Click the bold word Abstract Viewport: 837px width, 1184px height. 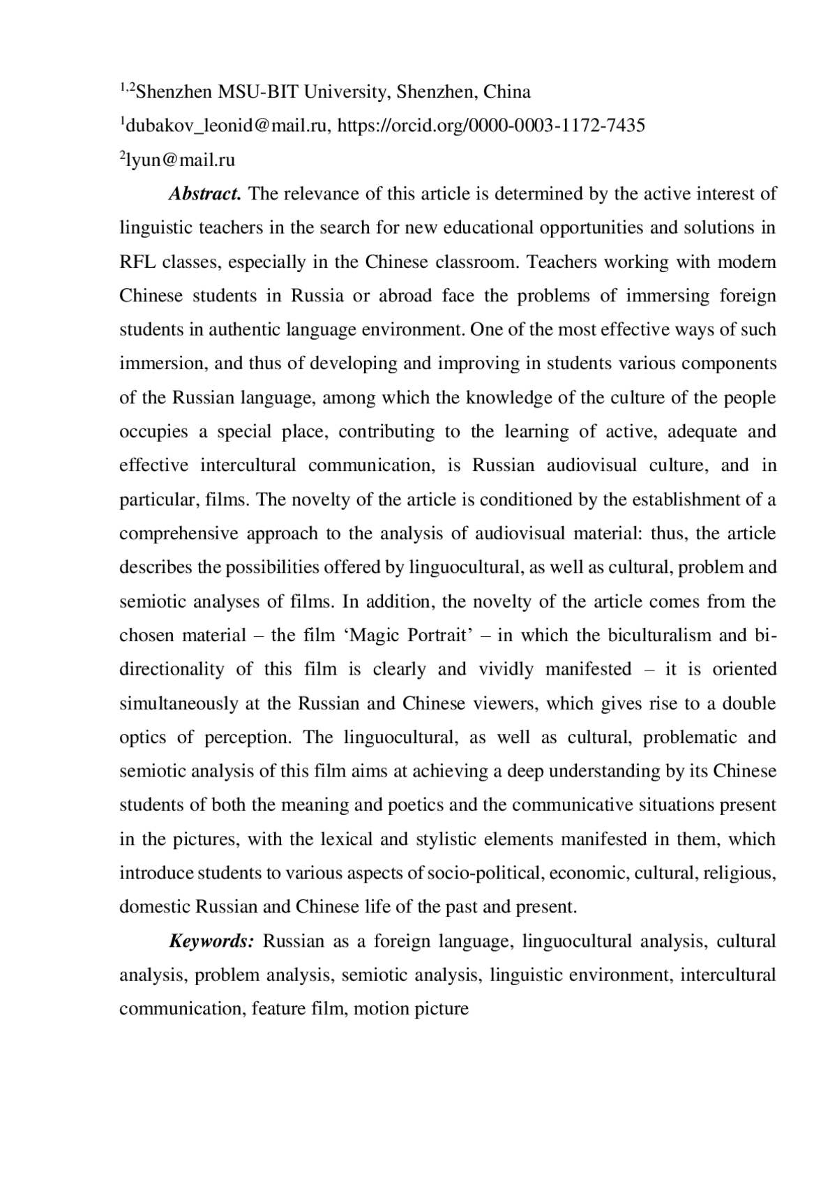tap(204, 193)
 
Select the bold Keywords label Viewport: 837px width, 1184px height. tap(211, 941)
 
